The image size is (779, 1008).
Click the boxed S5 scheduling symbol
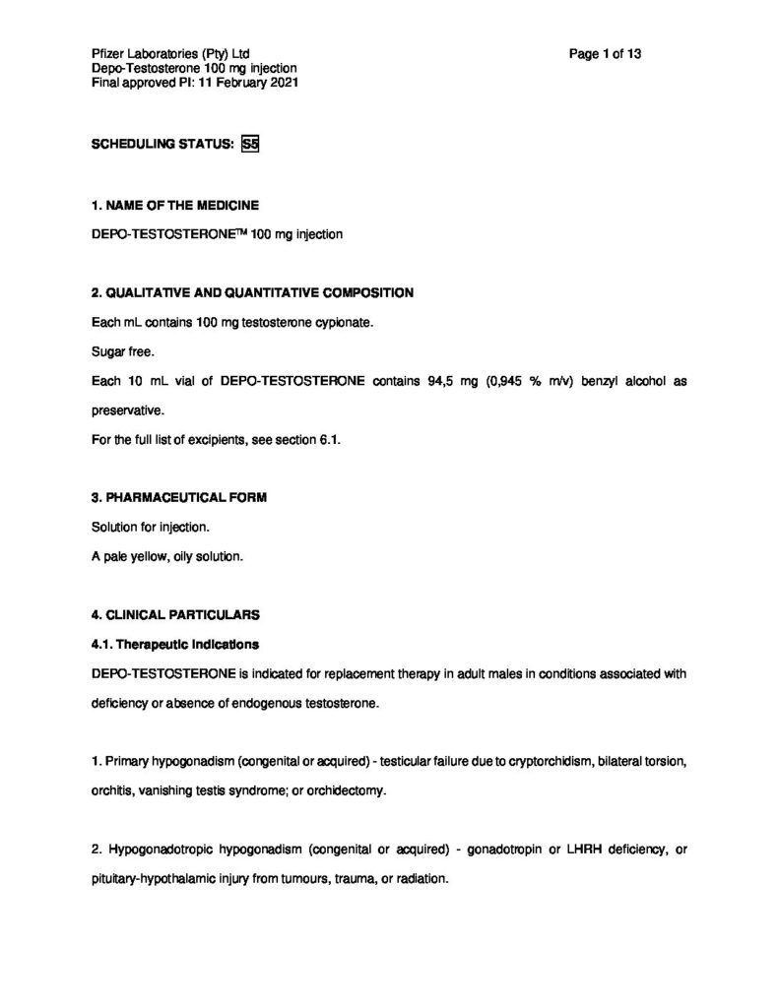[249, 144]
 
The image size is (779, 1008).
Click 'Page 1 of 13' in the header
[606, 54]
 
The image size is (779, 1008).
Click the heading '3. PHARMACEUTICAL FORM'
[178, 498]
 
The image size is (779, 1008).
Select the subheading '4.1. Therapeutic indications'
[174, 645]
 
